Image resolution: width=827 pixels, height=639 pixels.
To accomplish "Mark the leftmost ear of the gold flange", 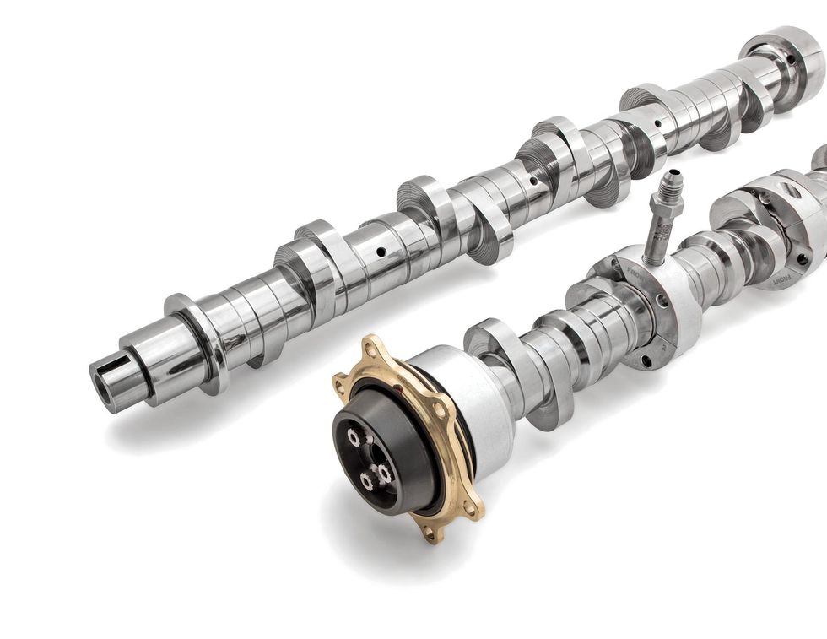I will (x=340, y=387).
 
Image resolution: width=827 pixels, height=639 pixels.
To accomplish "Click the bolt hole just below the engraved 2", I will (x=647, y=361).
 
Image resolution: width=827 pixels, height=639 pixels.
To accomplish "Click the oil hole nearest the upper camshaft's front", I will (x=381, y=251).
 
